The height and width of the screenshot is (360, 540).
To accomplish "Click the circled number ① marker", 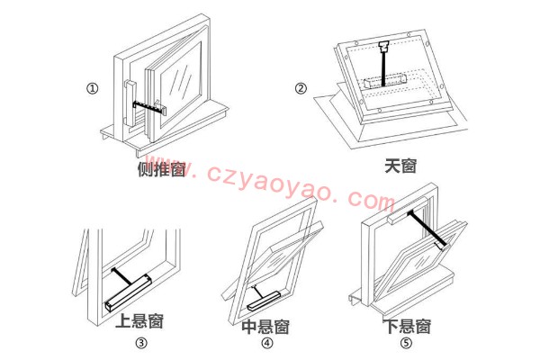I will click(x=92, y=88).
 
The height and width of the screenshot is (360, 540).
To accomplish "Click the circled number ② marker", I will click(x=301, y=88).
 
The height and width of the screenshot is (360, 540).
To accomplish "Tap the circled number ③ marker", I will click(x=140, y=343).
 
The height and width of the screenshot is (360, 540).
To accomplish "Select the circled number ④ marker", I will click(x=267, y=343).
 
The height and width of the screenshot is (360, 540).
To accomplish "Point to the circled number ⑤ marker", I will click(x=406, y=343).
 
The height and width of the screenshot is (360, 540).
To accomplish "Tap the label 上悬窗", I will click(x=140, y=321).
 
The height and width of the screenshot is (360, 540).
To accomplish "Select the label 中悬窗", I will click(x=265, y=324).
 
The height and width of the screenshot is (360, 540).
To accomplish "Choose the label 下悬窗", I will click(x=406, y=325).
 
